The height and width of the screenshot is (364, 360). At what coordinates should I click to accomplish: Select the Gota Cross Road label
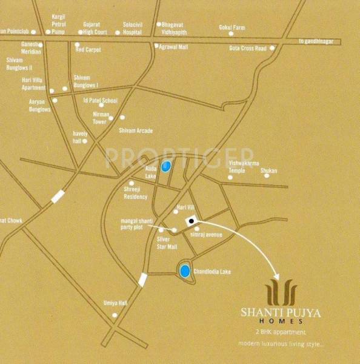coord(247,48)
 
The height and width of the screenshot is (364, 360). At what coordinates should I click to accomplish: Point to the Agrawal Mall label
coord(173,45)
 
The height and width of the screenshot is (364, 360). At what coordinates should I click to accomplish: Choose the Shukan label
coord(269,171)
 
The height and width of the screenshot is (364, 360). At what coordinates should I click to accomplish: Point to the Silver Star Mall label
coord(167,243)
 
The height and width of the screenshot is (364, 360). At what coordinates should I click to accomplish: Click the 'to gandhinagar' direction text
coord(319,42)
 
